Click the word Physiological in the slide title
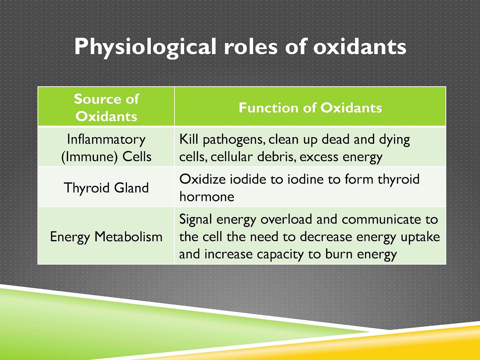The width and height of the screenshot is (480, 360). (145, 47)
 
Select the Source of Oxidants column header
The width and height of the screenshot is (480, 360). (106, 107)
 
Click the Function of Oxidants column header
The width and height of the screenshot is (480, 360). (310, 108)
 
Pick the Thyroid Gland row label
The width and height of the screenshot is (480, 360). (106, 188)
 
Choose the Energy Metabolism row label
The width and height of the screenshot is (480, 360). (106, 237)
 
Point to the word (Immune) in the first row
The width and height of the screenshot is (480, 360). (89, 157)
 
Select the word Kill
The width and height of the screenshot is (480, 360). (189, 139)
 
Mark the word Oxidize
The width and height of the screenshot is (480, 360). (202, 179)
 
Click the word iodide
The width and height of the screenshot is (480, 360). (248, 179)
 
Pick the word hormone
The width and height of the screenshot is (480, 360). (207, 197)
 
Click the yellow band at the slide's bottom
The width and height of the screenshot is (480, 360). (429, 346)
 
